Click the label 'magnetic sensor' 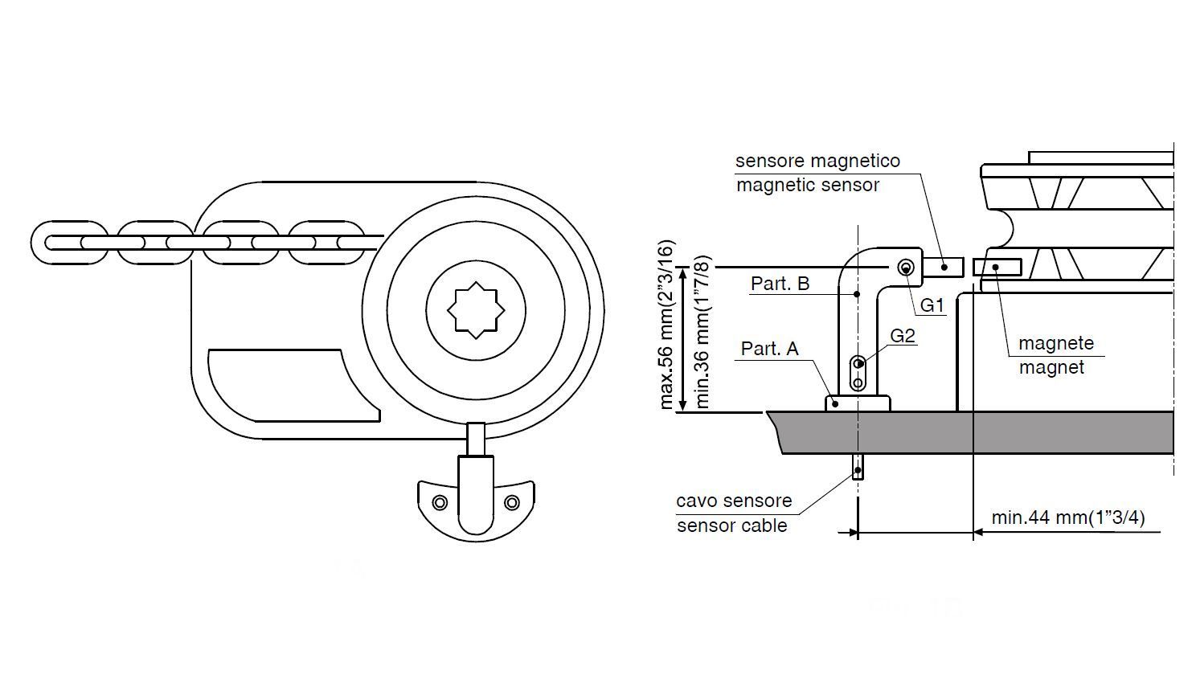807,186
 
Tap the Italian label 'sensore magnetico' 817,161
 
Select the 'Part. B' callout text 780,284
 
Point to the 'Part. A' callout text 769,349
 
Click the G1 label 932,305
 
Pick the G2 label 903,336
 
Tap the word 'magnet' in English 1051,368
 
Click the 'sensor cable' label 731,526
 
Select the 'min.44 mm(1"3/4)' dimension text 1068,517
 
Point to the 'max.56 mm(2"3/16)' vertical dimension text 666,324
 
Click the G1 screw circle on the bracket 905,268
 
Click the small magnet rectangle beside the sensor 997,267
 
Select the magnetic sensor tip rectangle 943,266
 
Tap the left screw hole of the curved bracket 440,503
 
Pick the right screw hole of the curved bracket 512,503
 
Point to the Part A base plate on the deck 858,403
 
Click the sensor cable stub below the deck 858,468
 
